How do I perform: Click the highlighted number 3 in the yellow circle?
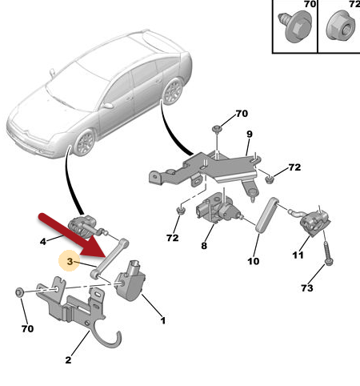(70, 261)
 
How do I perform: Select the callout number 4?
(43, 242)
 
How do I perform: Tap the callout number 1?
(163, 320)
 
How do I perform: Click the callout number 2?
(68, 360)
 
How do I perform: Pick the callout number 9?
(250, 134)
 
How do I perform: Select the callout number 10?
(253, 261)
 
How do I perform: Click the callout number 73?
(306, 288)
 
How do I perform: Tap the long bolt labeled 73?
(328, 253)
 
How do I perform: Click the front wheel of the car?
(85, 143)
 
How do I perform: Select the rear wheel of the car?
(173, 91)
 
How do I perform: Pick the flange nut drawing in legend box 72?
(341, 26)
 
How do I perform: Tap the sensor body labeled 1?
(130, 281)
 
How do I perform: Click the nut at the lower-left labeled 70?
(19, 292)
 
